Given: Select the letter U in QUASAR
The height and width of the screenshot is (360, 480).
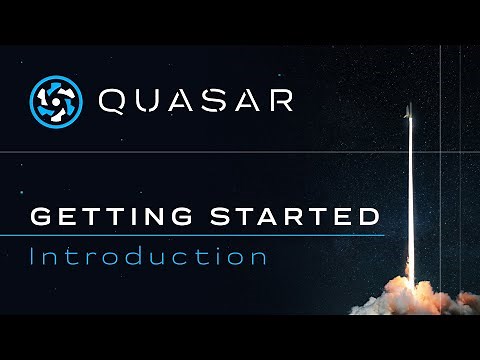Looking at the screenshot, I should (150, 101).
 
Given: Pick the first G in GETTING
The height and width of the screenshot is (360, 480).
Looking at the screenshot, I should (41, 216).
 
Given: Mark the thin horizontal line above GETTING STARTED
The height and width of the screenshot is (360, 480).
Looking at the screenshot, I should (200, 152).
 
